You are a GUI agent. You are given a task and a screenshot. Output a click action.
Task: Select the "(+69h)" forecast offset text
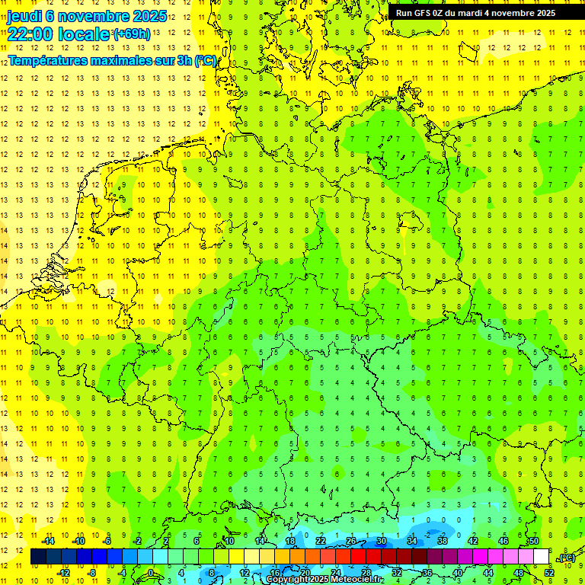132,34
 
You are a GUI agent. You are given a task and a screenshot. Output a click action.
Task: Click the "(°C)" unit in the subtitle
206,60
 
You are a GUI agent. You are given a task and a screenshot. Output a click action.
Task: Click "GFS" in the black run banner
422,13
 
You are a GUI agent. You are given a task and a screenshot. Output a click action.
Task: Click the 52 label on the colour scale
548,573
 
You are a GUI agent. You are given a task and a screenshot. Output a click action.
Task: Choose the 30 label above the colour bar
381,542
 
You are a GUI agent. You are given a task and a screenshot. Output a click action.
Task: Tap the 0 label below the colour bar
151,573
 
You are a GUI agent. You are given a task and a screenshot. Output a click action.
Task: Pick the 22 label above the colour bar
321,542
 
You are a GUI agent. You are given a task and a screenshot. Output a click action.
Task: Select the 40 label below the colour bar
457,573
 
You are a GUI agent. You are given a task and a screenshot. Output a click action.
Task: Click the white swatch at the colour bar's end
541,557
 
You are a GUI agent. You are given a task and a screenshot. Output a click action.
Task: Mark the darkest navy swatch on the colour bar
38,557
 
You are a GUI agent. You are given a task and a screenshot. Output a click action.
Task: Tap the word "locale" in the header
87,34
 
